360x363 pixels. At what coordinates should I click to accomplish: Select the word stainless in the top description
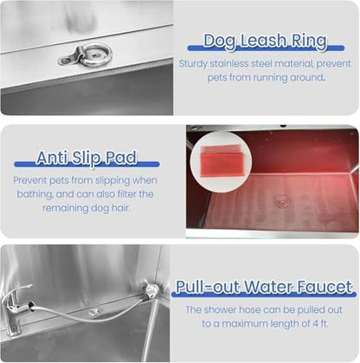tap(238, 63)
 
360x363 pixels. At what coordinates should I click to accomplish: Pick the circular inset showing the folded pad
tap(220, 161)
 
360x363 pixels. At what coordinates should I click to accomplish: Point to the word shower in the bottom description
tap(227, 309)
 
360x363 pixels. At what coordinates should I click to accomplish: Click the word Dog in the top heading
tap(218, 40)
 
